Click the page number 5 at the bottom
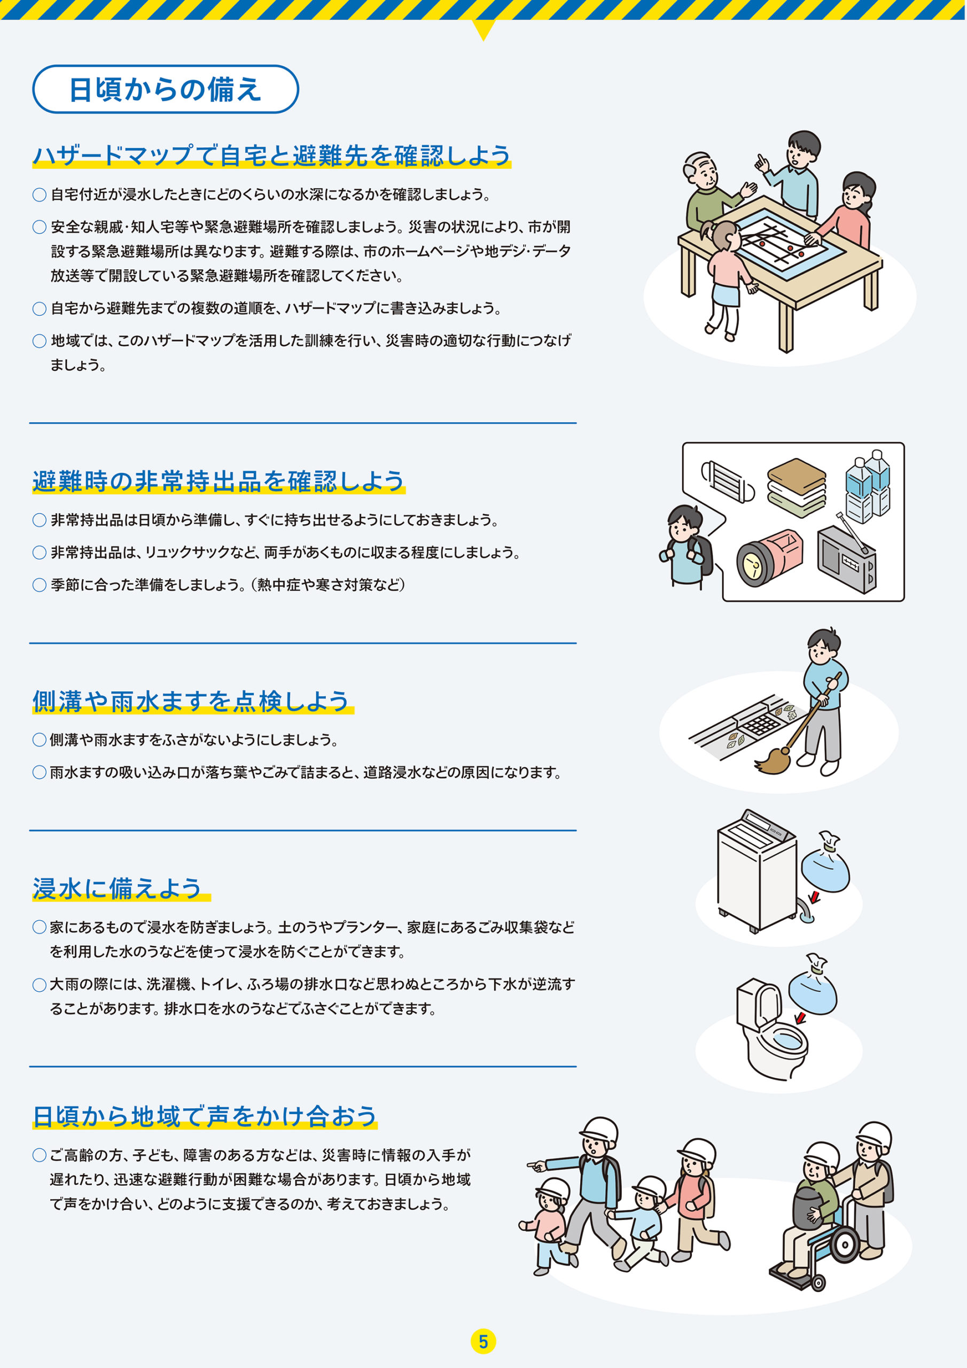[x=483, y=1342]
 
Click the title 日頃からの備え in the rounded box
[x=165, y=89]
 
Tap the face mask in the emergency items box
[x=727, y=481]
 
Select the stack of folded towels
[x=797, y=487]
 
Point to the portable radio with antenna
[x=847, y=560]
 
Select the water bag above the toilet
[x=813, y=990]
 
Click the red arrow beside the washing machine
[x=814, y=897]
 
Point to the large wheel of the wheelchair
[x=844, y=1243]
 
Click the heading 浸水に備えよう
[x=118, y=888]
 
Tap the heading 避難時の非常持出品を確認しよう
[x=218, y=481]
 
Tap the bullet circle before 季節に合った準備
[x=40, y=585]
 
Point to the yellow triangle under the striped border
[x=483, y=29]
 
